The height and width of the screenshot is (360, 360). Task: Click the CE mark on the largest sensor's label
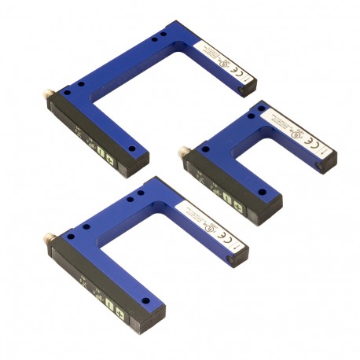[241, 72]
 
